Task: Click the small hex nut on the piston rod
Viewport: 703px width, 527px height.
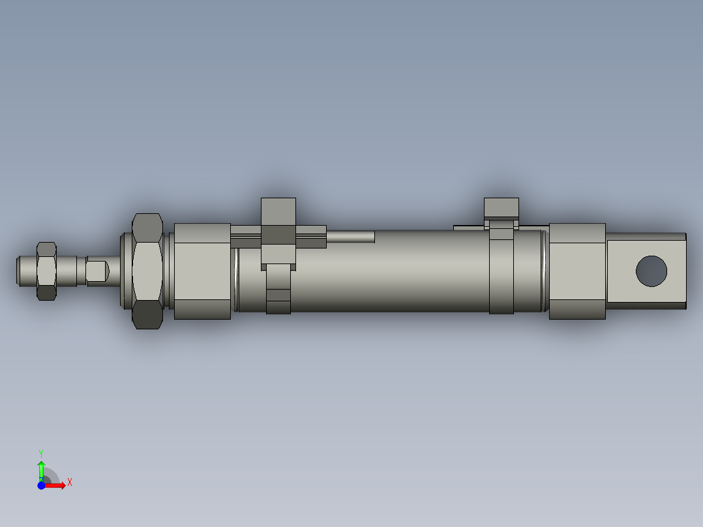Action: pos(46,271)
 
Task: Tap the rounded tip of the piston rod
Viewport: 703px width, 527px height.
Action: pos(21,271)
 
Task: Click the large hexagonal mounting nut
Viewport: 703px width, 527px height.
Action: pos(147,270)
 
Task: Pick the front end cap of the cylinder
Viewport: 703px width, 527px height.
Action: pos(202,271)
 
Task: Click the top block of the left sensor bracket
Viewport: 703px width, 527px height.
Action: pos(278,211)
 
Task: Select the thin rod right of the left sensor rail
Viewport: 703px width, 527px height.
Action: pos(350,236)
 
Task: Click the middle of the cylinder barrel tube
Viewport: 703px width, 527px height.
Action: pos(391,274)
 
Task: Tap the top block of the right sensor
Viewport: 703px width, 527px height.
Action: pos(501,207)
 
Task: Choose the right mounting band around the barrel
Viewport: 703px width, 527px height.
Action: pos(501,274)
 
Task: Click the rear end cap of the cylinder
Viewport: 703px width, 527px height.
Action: pos(577,271)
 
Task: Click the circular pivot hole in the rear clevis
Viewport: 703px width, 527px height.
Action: pos(651,271)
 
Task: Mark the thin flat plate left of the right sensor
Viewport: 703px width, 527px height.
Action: pos(469,228)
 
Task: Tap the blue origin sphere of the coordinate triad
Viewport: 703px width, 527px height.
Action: pos(41,485)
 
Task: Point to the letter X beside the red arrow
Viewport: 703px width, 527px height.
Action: pos(69,483)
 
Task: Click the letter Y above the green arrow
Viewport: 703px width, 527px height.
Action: pos(41,453)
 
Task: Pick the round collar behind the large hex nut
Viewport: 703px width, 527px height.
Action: pos(126,271)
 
